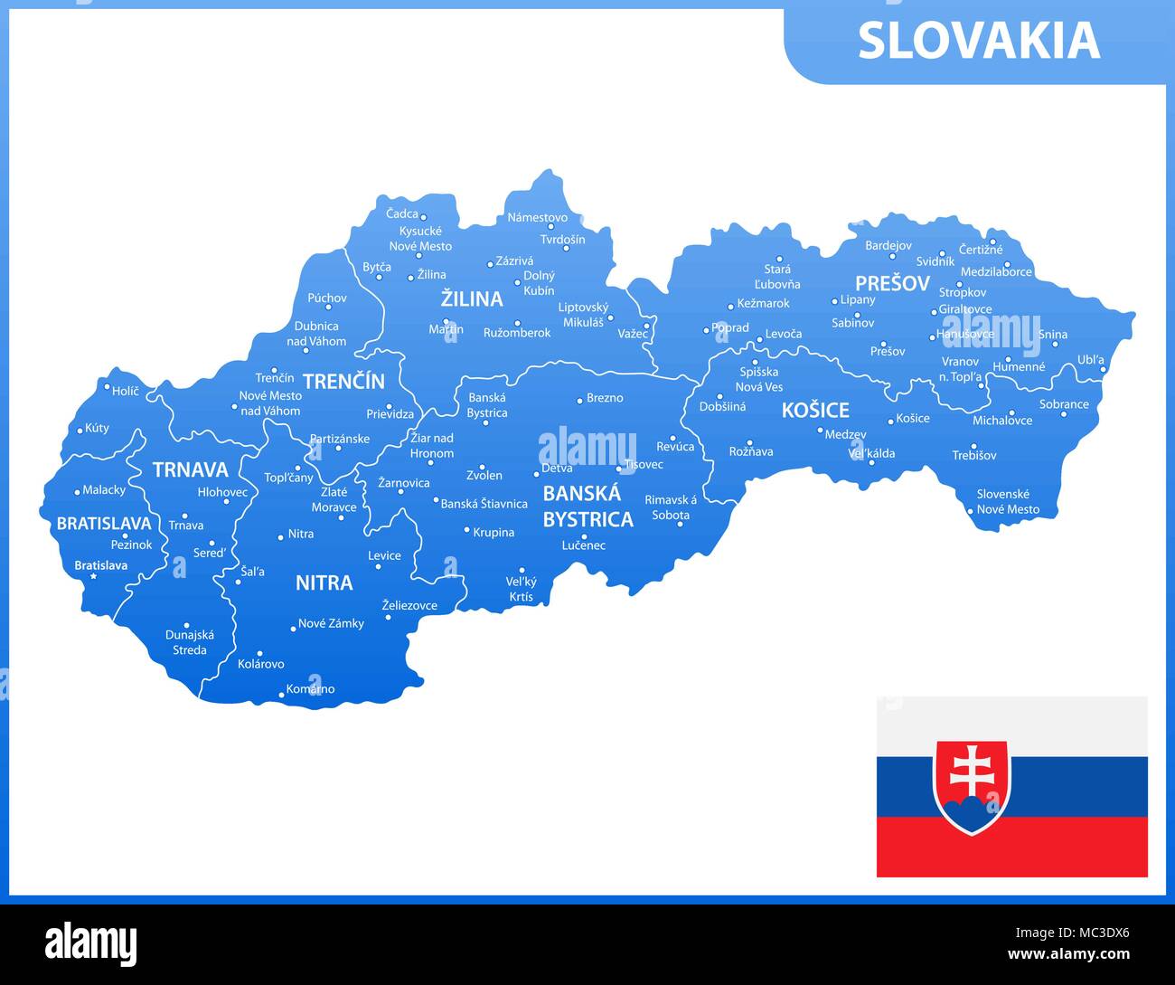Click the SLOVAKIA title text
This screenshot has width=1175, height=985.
(x=978, y=41)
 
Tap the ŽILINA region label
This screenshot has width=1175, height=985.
(x=471, y=298)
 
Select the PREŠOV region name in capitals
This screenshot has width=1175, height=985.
(x=892, y=283)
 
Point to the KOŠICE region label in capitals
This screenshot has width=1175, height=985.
(x=815, y=410)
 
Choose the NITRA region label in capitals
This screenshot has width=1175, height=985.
(x=324, y=582)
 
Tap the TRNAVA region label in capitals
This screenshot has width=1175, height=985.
(x=190, y=469)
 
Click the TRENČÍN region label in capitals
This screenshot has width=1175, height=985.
(x=343, y=381)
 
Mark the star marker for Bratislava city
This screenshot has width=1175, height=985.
(x=93, y=575)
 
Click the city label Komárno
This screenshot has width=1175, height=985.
(x=310, y=689)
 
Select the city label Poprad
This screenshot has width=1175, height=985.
(x=730, y=328)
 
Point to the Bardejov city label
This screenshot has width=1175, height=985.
(x=888, y=245)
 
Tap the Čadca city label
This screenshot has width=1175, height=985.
(x=401, y=214)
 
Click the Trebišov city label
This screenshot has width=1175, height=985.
(x=973, y=456)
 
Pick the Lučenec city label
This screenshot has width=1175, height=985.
(x=584, y=545)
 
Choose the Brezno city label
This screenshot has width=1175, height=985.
(x=605, y=398)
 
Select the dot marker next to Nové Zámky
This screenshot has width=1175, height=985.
(x=293, y=628)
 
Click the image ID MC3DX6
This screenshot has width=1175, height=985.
(x=1095, y=933)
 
